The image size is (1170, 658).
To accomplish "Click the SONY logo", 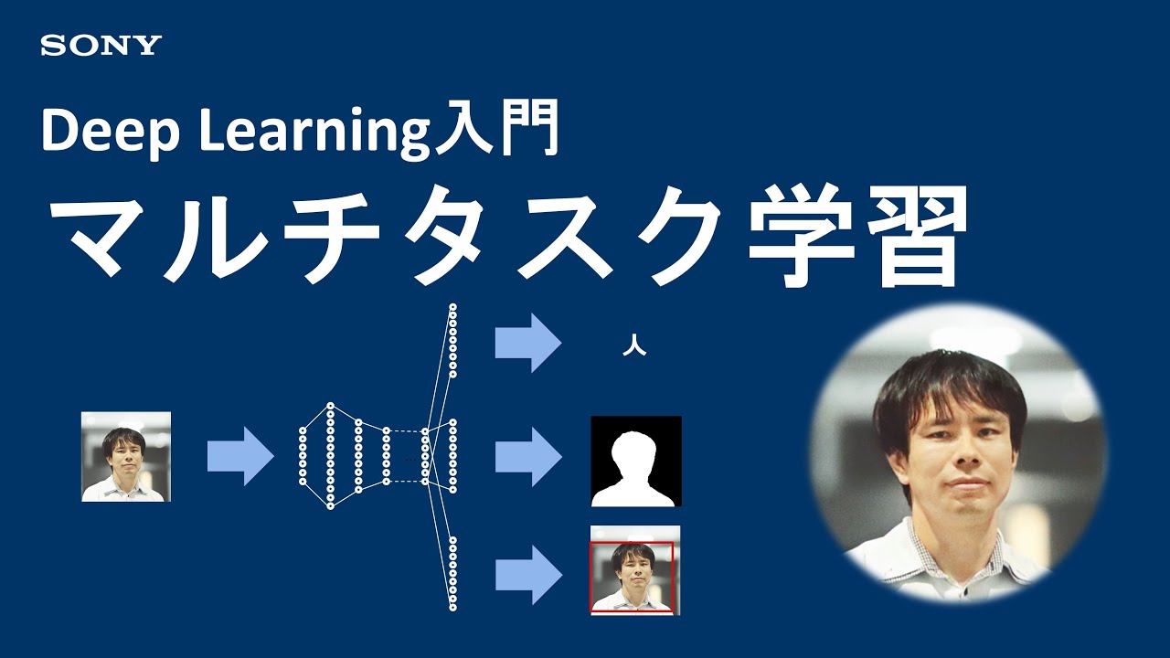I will (x=101, y=46).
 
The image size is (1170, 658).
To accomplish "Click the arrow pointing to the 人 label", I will (x=528, y=343).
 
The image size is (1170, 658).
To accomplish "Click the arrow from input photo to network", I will (x=240, y=455).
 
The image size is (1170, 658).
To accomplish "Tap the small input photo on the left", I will (x=126, y=456).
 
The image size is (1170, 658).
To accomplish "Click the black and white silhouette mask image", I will (x=636, y=461).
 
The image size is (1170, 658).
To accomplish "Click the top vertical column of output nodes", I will (x=452, y=341).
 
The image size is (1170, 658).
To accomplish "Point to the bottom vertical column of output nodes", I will (x=452, y=573).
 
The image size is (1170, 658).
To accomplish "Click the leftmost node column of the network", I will (x=303, y=455).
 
